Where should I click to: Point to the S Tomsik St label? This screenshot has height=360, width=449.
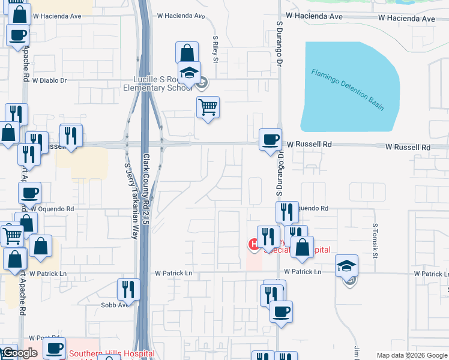375,242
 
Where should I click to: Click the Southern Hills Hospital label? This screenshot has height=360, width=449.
111,354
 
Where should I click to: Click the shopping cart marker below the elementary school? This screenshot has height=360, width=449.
208,108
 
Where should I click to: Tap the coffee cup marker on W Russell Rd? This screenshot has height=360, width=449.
270,140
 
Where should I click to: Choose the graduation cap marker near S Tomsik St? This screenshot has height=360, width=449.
347,266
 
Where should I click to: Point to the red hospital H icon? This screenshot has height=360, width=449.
254,244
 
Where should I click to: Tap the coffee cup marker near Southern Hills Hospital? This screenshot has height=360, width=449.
55,348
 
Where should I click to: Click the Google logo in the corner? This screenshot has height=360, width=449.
19,353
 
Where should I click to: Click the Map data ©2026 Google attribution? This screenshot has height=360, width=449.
412,355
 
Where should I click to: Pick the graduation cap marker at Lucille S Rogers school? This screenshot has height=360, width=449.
190,73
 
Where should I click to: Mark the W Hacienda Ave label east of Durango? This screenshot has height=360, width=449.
360,19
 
